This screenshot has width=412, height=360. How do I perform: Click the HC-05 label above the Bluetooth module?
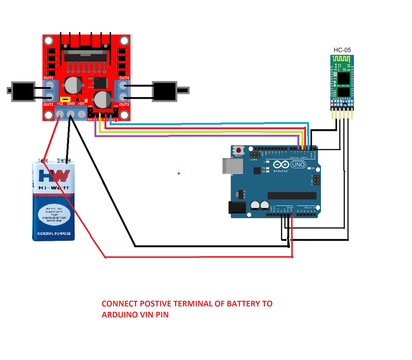[342, 49]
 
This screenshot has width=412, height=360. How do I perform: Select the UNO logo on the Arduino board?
[298, 165]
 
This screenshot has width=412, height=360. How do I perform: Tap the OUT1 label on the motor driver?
[49, 78]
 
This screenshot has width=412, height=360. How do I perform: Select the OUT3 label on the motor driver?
[124, 104]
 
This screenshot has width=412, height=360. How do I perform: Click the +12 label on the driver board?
[60, 103]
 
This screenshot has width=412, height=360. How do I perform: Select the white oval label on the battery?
[54, 213]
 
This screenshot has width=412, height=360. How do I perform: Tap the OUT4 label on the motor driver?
[124, 78]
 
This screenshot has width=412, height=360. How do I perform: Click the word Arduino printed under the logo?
[281, 171]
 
